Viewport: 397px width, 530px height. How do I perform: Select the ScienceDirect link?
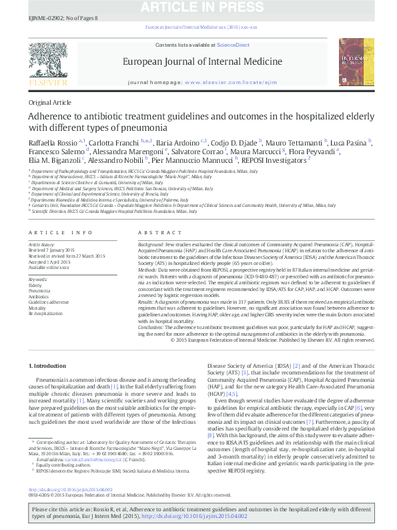click(234, 45)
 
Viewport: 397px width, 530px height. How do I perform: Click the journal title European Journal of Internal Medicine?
click(197, 61)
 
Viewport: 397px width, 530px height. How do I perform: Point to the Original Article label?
click(49, 102)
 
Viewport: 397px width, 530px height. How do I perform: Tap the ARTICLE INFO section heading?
click(61, 232)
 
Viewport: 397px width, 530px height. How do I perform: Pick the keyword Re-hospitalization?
click(43, 313)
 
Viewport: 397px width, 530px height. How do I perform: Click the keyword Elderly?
click(35, 285)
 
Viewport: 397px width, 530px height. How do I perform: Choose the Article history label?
click(41, 246)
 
